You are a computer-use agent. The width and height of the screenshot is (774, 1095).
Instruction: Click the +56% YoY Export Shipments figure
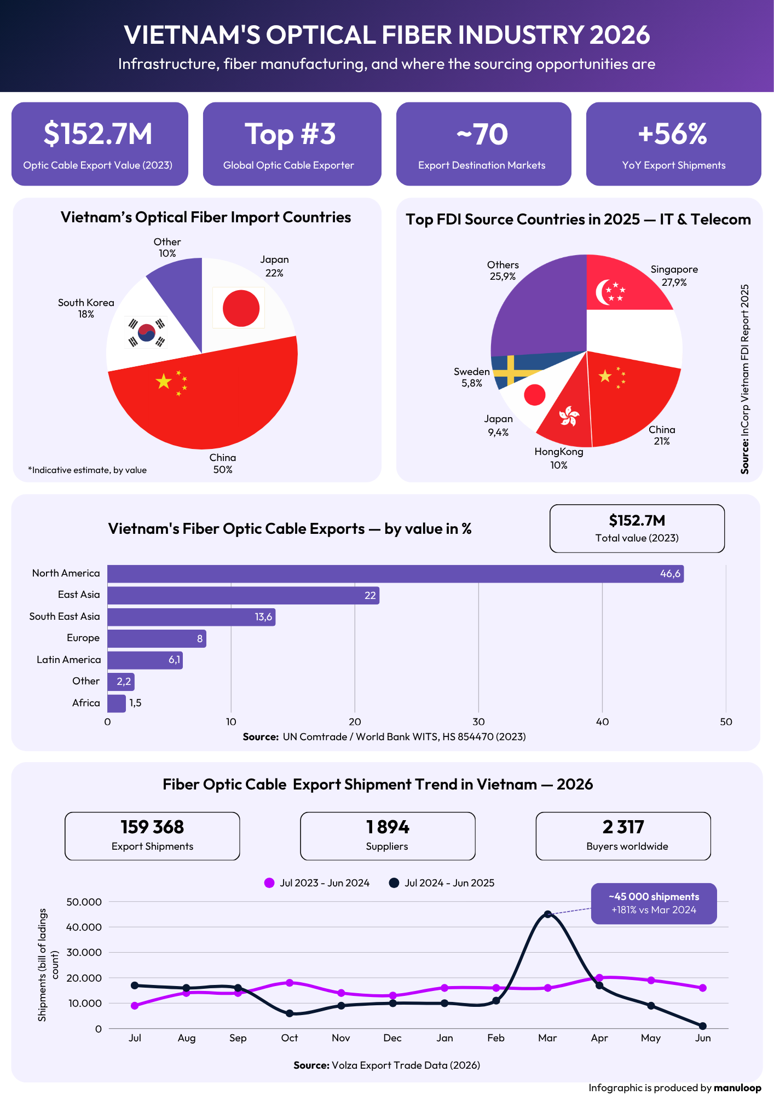pos(673,134)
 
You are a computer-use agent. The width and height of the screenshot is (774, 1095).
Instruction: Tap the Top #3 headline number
pos(290,135)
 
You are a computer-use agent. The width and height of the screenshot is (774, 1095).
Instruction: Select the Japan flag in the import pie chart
pos(239,308)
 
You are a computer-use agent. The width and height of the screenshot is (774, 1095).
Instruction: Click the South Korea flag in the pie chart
pos(146,332)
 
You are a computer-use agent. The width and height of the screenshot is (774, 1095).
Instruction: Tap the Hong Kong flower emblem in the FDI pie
pos(569,417)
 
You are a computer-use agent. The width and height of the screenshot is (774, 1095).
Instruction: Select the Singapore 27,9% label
pos(674,275)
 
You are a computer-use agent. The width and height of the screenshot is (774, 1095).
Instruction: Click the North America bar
pos(395,574)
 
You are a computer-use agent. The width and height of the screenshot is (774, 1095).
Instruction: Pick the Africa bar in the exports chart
pos(117,703)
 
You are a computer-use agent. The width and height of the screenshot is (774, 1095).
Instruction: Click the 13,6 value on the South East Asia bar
pos(263,617)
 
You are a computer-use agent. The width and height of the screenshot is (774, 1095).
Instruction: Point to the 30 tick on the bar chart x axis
pos(478,722)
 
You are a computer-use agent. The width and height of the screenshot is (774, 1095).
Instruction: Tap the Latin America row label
pos(69,660)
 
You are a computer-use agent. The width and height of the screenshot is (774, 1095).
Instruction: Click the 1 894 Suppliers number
pos(388,827)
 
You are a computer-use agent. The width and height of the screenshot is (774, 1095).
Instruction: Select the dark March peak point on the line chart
pos(548,914)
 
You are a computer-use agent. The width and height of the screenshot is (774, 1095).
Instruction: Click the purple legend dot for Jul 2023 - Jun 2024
pos(269,883)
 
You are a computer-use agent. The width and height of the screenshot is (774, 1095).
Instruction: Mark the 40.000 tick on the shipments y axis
pos(84,927)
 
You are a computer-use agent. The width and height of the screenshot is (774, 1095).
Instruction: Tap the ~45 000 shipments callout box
pos(654,903)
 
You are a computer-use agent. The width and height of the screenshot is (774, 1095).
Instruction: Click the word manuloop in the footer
pos(737,1087)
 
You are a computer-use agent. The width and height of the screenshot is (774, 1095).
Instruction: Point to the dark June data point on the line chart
pos(703,1026)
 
